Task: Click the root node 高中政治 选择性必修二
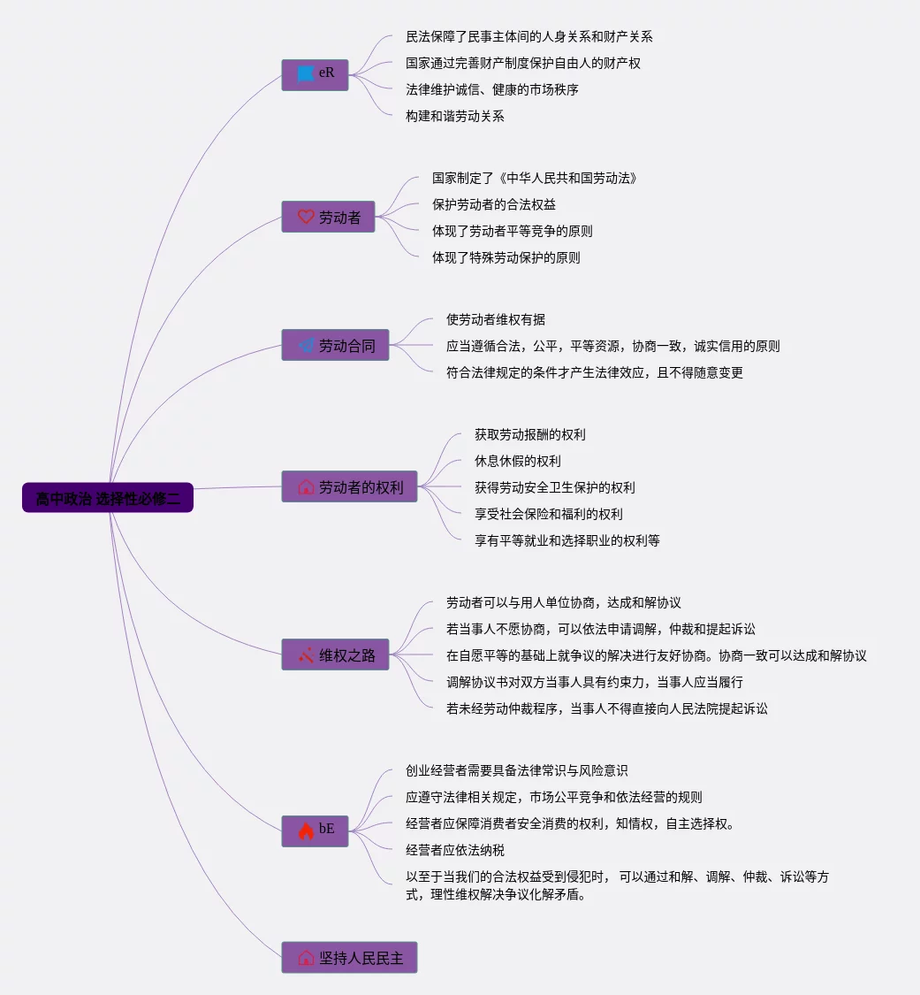[108, 498]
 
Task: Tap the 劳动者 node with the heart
[329, 217]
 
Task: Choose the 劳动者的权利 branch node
[349, 487]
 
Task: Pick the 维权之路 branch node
[335, 655]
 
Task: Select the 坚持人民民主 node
[349, 958]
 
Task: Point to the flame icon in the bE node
[306, 830]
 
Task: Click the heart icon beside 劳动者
[306, 217]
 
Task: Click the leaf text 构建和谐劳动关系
[455, 116]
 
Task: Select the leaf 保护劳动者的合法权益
[494, 204]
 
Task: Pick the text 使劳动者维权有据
[502, 319]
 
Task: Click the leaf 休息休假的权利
[518, 461]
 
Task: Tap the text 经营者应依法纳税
[455, 850]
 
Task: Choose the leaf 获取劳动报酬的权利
[530, 434]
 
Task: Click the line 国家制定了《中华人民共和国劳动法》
[535, 178]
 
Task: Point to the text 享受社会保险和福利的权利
[555, 514]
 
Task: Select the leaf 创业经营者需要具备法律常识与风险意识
[517, 770]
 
